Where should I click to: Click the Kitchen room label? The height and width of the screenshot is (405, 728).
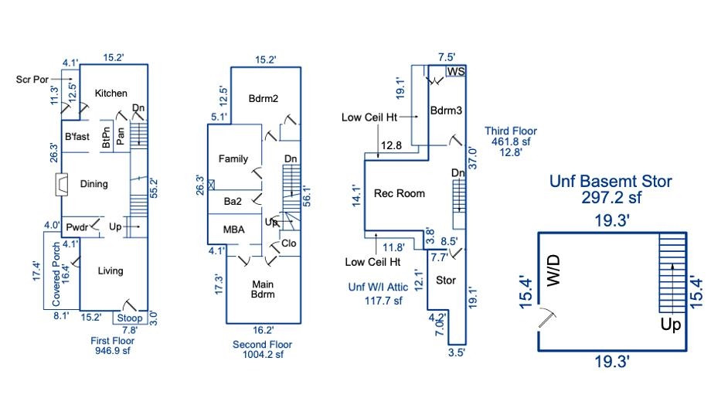click(x=111, y=94)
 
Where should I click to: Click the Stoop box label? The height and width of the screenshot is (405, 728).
click(x=129, y=318)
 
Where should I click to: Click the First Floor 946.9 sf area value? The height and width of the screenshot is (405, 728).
click(x=113, y=349)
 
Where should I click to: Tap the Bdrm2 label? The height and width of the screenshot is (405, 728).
click(x=263, y=99)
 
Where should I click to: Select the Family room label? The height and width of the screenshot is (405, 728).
click(x=233, y=159)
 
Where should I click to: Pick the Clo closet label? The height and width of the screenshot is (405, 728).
click(x=288, y=243)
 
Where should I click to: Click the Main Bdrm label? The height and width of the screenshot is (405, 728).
click(x=263, y=289)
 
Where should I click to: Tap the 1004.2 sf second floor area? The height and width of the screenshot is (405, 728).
click(x=258, y=355)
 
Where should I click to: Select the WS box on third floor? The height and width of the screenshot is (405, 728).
click(x=456, y=72)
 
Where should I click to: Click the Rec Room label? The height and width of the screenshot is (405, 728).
click(x=399, y=193)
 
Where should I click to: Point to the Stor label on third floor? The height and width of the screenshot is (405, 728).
click(x=446, y=280)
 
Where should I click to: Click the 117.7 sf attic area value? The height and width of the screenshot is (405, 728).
click(x=384, y=301)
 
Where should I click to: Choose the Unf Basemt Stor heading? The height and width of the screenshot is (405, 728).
click(x=611, y=182)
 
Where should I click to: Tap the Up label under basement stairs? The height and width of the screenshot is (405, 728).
click(x=671, y=325)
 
